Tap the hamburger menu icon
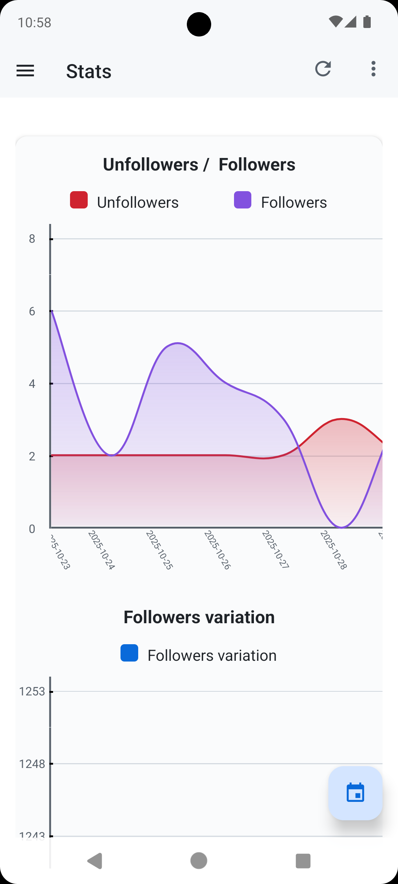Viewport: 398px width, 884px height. pyautogui.click(x=25, y=70)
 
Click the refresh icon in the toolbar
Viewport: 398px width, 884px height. pyautogui.click(x=323, y=69)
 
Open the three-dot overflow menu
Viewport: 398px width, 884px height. pyautogui.click(x=373, y=69)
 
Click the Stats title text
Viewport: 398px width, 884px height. pyautogui.click(x=88, y=71)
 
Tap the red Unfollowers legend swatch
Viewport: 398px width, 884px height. pyautogui.click(x=79, y=200)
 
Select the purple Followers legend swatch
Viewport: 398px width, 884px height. pyautogui.click(x=242, y=200)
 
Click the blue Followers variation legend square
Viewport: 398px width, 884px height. pyautogui.click(x=129, y=653)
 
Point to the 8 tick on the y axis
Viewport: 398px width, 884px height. pyautogui.click(x=32, y=239)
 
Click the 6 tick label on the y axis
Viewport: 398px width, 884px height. pyautogui.click(x=32, y=312)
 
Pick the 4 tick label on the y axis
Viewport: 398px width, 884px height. pyautogui.click(x=32, y=384)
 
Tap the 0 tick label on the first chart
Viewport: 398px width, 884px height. pyautogui.click(x=32, y=529)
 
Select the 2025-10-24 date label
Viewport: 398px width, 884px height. pyautogui.click(x=101, y=550)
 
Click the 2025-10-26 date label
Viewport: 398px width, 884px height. pyautogui.click(x=217, y=550)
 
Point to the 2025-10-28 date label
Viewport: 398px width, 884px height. pyautogui.click(x=334, y=550)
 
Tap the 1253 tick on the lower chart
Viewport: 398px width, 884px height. pyautogui.click(x=32, y=692)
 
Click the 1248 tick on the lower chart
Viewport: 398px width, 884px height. pyautogui.click(x=32, y=764)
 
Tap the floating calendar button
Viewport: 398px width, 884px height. pyautogui.click(x=355, y=793)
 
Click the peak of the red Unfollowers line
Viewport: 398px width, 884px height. pyautogui.click(x=342, y=419)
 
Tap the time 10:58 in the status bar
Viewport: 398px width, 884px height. pyautogui.click(x=34, y=23)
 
